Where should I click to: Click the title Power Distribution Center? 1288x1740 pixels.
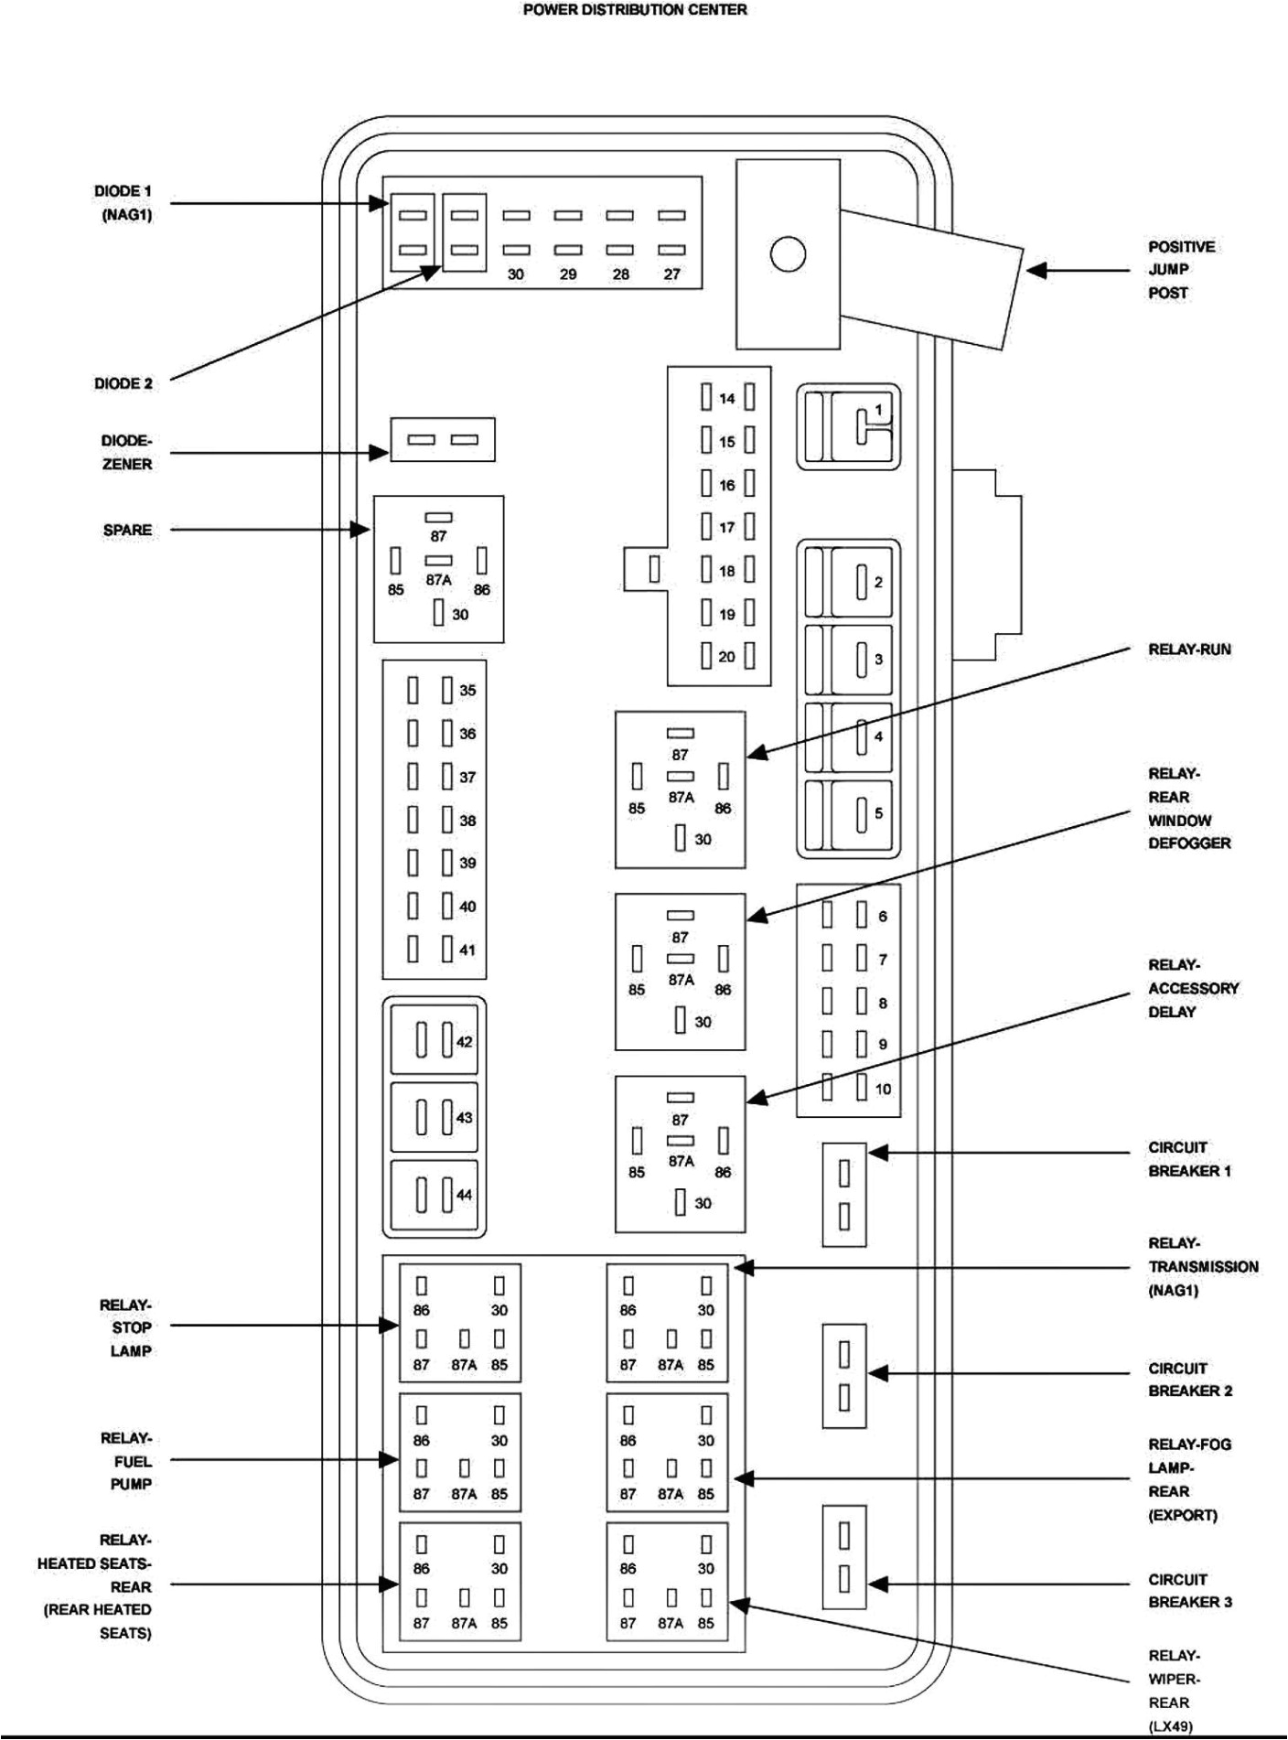pyautogui.click(x=635, y=10)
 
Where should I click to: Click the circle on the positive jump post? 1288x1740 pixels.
pyautogui.click(x=788, y=254)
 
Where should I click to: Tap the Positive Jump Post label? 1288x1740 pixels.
pyautogui.click(x=1181, y=270)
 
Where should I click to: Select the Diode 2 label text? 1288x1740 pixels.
pyautogui.click(x=123, y=383)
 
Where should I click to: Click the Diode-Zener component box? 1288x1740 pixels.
pyautogui.click(x=443, y=440)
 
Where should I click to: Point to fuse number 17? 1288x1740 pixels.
pyautogui.click(x=727, y=527)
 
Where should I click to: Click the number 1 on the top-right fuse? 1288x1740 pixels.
pyautogui.click(x=878, y=410)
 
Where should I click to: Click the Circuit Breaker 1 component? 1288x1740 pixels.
pyautogui.click(x=843, y=1194)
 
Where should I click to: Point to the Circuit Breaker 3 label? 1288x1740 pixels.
pyautogui.click(x=1190, y=1590)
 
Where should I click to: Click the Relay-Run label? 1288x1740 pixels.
pyautogui.click(x=1189, y=650)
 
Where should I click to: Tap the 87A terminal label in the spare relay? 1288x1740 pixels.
pyautogui.click(x=438, y=580)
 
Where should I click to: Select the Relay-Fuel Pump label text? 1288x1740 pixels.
pyautogui.click(x=127, y=1461)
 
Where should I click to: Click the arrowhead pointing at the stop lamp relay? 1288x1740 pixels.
pyautogui.click(x=390, y=1325)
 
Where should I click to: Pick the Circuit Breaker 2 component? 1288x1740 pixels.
pyautogui.click(x=843, y=1375)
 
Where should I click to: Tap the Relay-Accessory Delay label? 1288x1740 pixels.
pyautogui.click(x=1193, y=988)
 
